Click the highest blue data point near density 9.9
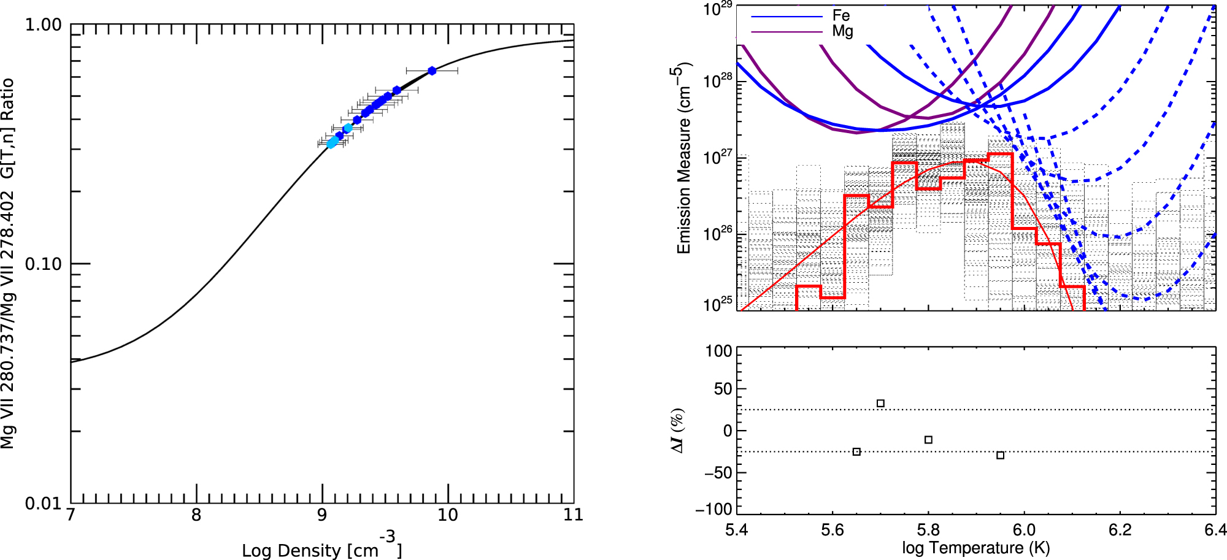click(x=432, y=71)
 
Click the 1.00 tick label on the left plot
click(x=43, y=25)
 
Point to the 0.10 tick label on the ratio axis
click(x=43, y=264)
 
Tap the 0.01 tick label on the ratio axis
click(x=43, y=504)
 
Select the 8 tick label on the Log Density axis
click(x=196, y=516)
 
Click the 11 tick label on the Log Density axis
click(x=573, y=516)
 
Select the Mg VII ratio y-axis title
click(x=8, y=264)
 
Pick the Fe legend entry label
click(x=841, y=16)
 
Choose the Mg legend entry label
click(x=842, y=31)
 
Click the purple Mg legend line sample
click(x=786, y=32)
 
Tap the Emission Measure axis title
click(x=683, y=158)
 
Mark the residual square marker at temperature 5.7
click(x=880, y=404)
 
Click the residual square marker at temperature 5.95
click(x=1001, y=455)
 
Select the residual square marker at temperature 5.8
click(x=928, y=440)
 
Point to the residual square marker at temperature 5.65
click(x=856, y=452)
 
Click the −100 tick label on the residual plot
click(x=714, y=509)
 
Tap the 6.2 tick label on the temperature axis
click(x=1120, y=531)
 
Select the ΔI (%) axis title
click(x=677, y=431)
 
